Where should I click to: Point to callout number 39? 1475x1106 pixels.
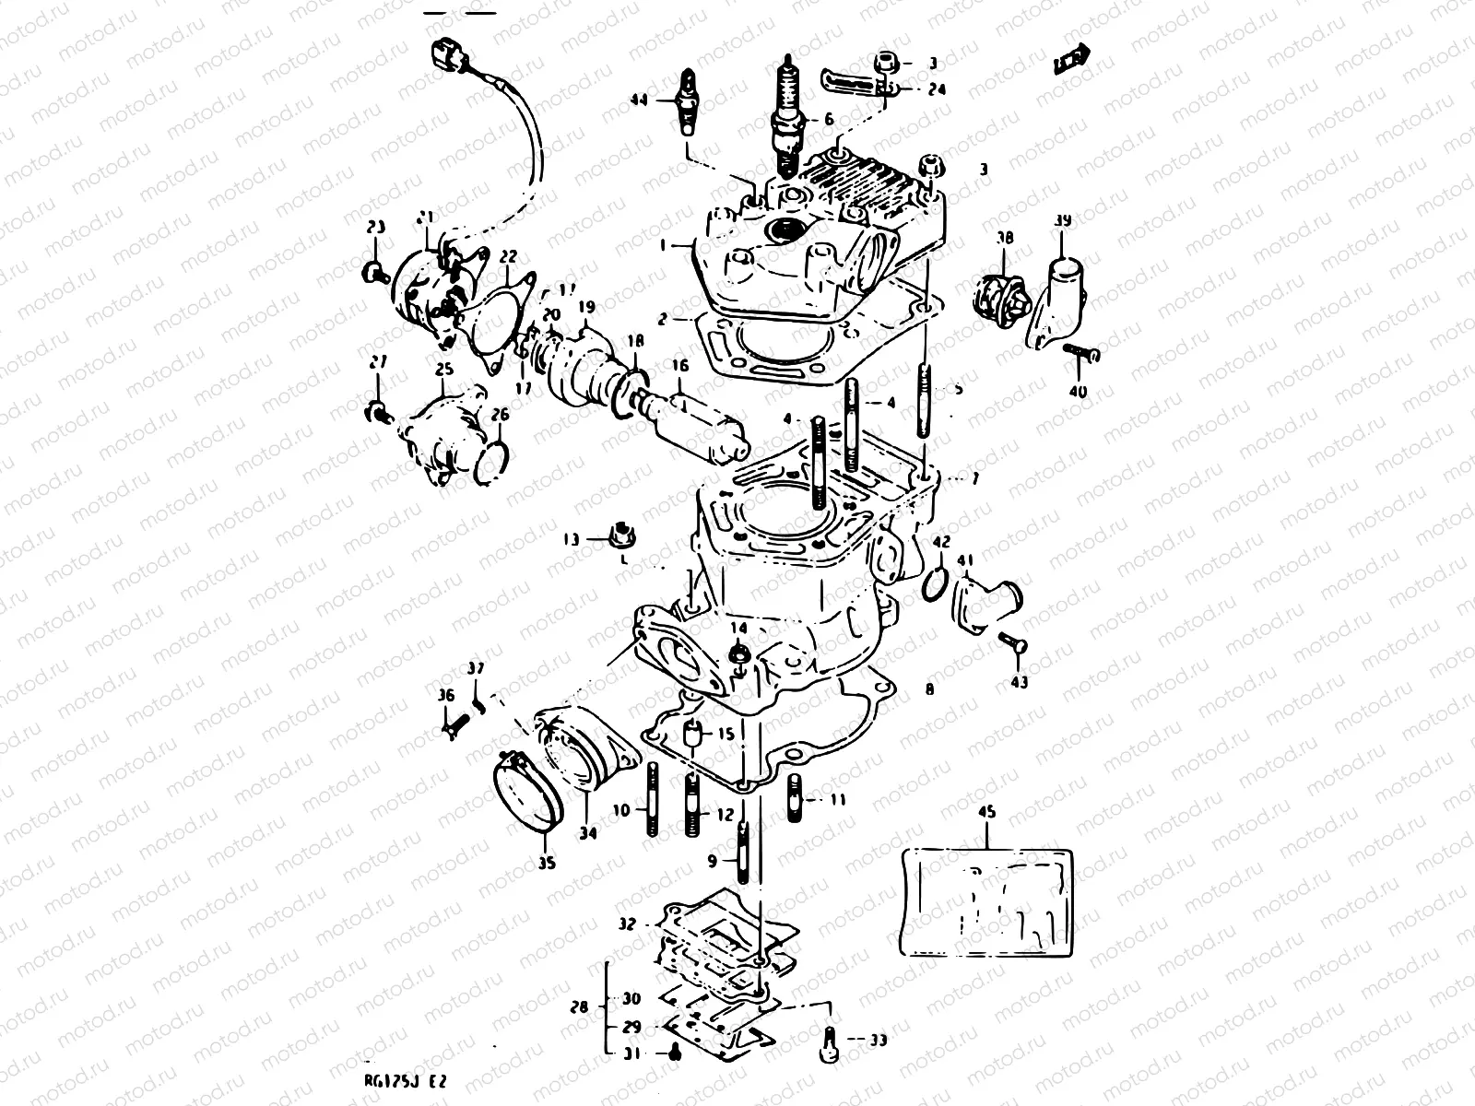pos(1063,221)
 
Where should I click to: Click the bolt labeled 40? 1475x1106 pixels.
pos(1080,353)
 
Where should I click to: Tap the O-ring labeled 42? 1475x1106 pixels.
pos(934,582)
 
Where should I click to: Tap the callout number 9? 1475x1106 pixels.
pos(712,861)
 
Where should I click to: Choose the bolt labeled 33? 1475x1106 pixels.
pos(830,1040)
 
